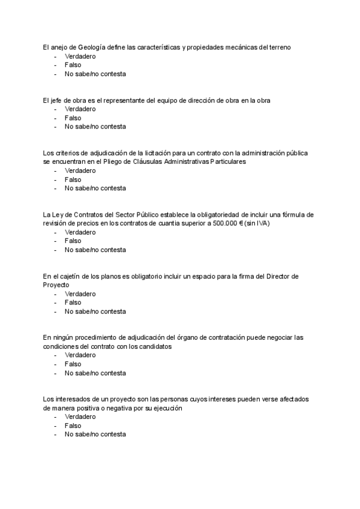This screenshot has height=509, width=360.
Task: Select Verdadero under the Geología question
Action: point(80,56)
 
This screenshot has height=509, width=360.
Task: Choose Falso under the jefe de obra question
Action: point(73,118)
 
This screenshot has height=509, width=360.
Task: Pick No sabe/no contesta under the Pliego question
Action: point(95,188)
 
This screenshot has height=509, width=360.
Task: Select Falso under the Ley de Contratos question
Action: point(73,241)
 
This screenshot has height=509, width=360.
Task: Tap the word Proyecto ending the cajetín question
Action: point(56,285)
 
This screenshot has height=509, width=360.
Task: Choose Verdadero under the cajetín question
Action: point(80,294)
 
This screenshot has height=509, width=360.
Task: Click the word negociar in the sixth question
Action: point(263,337)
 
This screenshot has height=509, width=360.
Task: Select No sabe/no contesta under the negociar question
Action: point(95,373)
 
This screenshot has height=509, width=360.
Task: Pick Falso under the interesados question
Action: point(73,426)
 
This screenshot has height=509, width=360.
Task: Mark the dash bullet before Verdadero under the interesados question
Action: point(55,417)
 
